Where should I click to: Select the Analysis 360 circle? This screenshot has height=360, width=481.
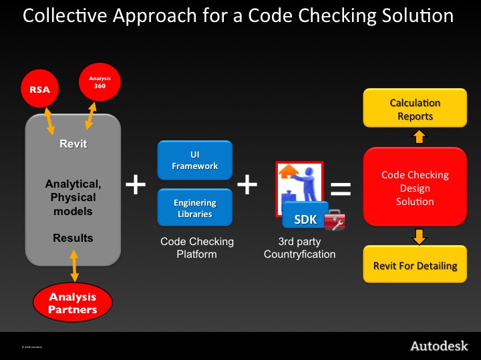coord(99,82)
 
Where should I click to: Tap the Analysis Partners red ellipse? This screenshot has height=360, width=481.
coord(72,303)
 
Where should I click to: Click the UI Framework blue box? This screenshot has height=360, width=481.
coord(195,160)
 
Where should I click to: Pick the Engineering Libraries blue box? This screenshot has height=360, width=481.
coord(195,208)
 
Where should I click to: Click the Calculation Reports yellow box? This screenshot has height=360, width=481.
coord(415,110)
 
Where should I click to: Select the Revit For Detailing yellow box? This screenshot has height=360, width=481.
coord(415,265)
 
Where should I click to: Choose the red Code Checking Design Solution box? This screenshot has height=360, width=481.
coord(415,188)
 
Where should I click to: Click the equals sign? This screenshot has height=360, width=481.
coord(341,190)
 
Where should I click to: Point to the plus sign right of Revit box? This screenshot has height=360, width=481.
coord(136,184)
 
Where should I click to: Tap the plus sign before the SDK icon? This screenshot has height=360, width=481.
coord(247,184)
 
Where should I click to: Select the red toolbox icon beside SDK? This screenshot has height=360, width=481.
coord(334,220)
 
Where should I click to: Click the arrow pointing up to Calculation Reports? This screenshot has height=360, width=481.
coord(418,138)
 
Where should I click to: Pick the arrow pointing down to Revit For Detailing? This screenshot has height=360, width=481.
coord(418,236)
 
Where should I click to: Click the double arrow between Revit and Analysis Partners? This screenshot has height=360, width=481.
coord(73,266)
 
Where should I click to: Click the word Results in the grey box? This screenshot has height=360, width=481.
coord(73,238)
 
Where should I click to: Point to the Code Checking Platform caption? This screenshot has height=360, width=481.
coord(197,248)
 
